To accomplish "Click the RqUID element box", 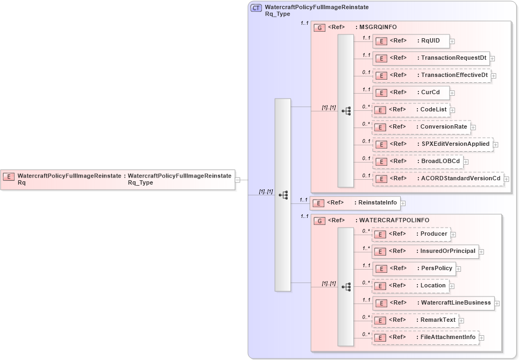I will coord(411,40).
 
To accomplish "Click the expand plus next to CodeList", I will coord(453,110).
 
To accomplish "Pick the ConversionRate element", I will coord(422,126).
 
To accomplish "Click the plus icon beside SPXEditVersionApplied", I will coord(495,144).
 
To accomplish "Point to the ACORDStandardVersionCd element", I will coord(438,178).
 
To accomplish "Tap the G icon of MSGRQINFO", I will coord(319,27).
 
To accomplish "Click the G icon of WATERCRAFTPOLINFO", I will coord(319,221).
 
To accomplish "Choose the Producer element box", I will coord(411,234).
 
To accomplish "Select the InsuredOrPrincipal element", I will coord(425,251).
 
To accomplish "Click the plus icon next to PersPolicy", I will coord(458,269).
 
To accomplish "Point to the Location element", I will coord(411,285).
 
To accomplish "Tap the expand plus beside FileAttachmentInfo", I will coord(481,337).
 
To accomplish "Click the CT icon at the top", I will coord(257,8).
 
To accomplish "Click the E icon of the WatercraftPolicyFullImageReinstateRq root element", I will coord(9,176).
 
